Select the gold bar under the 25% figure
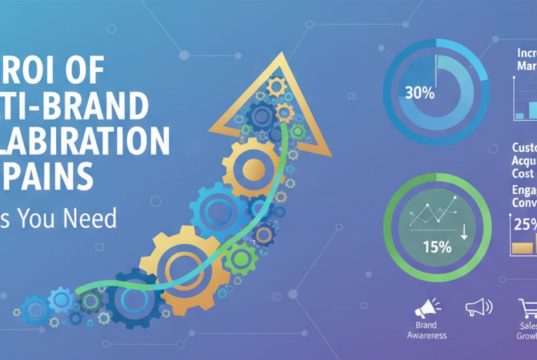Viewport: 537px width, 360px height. [522, 245]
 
